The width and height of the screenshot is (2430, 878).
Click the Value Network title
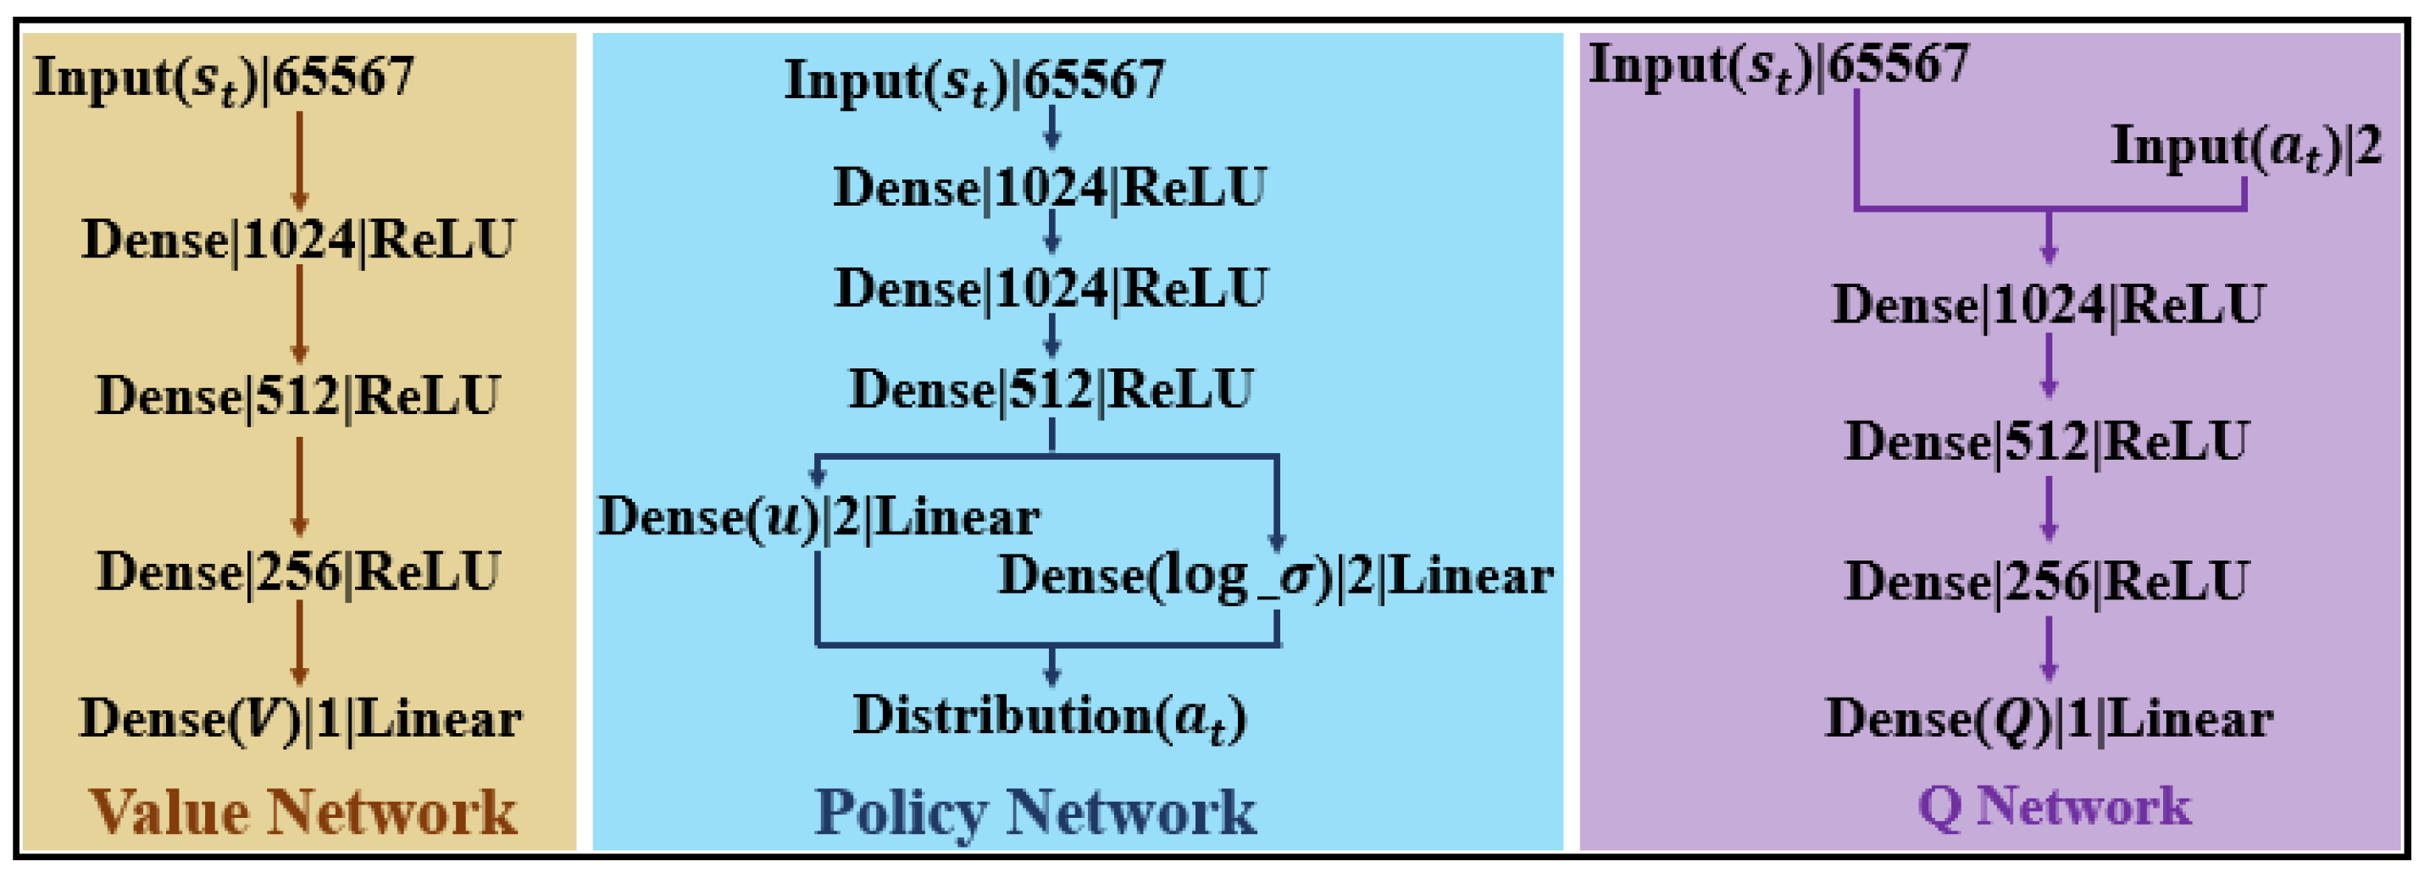[302, 811]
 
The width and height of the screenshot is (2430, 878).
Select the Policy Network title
[1035, 811]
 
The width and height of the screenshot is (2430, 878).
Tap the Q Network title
[2055, 806]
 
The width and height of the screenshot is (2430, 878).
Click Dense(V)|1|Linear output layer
[300, 720]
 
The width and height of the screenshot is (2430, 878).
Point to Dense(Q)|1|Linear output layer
[2049, 720]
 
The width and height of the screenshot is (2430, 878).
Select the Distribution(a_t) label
[1050, 717]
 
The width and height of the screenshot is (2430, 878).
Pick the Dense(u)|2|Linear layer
[818, 516]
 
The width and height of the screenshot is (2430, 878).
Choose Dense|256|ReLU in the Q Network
[2047, 581]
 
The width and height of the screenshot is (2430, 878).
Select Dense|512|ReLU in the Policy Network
[1051, 389]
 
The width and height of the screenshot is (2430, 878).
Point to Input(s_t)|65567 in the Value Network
[225, 78]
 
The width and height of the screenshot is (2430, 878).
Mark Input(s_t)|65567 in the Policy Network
[974, 81]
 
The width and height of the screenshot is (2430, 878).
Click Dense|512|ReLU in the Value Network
[298, 396]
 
